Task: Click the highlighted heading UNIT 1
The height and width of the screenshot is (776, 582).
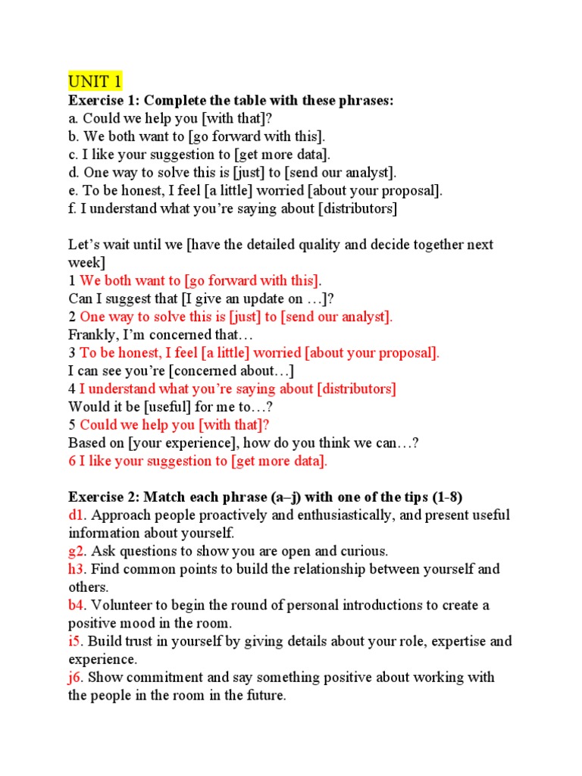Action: click(95, 81)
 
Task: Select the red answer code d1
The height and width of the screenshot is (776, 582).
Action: click(77, 515)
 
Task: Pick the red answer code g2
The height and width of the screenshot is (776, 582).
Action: click(77, 551)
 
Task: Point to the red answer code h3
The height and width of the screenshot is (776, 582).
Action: click(77, 569)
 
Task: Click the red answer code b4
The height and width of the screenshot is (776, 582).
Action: click(77, 605)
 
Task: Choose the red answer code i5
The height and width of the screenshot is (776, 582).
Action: click(75, 641)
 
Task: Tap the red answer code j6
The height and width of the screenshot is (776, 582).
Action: click(76, 677)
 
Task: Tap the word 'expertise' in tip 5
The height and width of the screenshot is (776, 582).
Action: click(445, 641)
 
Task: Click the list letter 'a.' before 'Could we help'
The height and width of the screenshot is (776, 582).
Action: click(74, 118)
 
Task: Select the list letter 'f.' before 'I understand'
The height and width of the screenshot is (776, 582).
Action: click(73, 208)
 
